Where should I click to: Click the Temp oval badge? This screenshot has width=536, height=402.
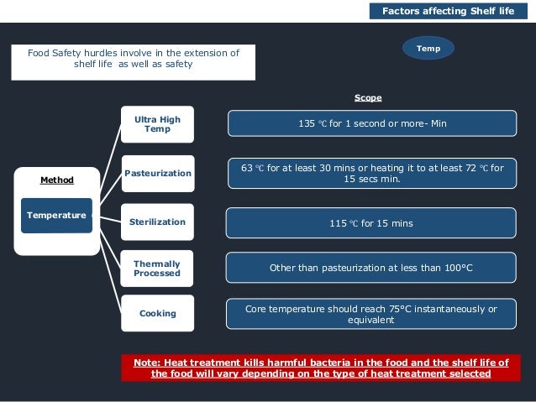click(428, 49)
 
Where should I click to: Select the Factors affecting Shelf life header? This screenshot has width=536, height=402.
click(448, 11)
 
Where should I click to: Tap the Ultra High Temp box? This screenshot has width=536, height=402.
click(157, 124)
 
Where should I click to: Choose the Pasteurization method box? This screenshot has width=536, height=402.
click(157, 173)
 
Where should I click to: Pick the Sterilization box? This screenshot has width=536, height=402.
click(157, 222)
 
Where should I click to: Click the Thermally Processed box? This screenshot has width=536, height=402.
click(157, 269)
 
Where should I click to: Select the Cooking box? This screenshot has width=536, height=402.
click(157, 313)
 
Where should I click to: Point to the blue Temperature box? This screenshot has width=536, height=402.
click(56, 216)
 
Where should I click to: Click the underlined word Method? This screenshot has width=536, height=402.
click(57, 180)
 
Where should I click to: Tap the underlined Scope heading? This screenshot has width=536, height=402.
click(367, 98)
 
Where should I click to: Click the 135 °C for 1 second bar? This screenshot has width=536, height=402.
click(371, 123)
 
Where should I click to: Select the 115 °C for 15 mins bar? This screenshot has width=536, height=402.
click(370, 223)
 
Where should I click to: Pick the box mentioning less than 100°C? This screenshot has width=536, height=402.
click(370, 268)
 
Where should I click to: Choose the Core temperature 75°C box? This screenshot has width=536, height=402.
click(370, 314)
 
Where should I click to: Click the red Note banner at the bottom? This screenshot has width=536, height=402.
click(320, 368)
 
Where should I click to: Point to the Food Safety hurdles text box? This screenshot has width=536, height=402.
click(134, 59)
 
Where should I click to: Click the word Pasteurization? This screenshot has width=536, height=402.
click(157, 173)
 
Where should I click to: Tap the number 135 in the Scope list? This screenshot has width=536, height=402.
click(307, 123)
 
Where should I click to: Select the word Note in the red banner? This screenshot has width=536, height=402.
click(148, 363)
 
